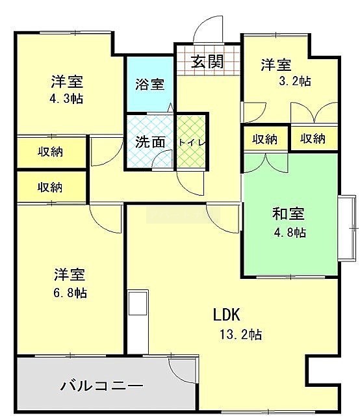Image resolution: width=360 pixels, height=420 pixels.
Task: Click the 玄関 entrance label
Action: click(207, 62)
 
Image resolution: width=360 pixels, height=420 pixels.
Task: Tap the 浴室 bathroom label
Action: click(149, 85)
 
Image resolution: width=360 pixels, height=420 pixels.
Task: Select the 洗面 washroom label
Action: click(149, 142)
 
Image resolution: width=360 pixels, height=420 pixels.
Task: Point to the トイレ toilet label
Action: click(192, 143)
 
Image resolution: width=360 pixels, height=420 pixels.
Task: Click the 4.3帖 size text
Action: click(66, 99)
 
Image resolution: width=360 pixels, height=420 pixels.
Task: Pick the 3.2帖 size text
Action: click(294, 81)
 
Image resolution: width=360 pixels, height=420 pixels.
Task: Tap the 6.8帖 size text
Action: click(70, 293)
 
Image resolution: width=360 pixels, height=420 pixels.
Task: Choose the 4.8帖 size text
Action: click(290, 233)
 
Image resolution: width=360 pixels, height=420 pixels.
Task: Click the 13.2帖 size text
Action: click(241, 335)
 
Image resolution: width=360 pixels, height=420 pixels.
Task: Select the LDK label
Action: click(226, 315)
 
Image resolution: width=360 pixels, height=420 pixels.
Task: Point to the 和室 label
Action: click(289, 213)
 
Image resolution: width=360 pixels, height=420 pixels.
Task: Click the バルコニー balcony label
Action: click(102, 386)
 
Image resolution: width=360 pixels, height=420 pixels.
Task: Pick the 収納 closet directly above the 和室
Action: click(265, 139)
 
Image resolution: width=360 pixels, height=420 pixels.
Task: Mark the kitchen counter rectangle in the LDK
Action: click(138, 322)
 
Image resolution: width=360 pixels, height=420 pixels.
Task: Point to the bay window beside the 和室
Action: click(347, 228)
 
